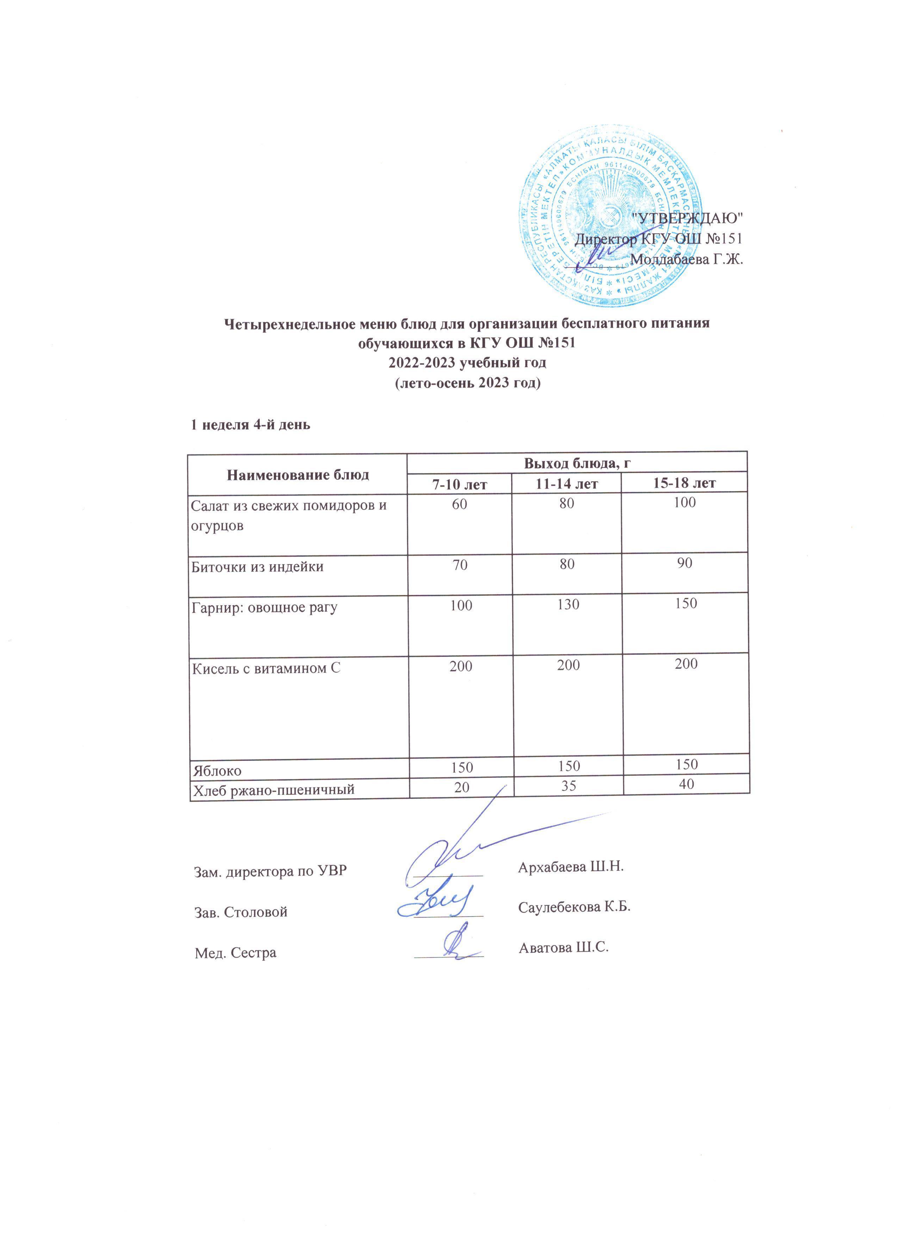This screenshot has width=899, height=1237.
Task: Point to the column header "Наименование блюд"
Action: (x=298, y=474)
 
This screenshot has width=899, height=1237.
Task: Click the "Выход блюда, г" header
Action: (x=577, y=463)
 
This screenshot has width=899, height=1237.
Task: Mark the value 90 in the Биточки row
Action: (x=685, y=563)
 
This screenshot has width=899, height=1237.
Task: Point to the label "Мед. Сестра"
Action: (x=236, y=953)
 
